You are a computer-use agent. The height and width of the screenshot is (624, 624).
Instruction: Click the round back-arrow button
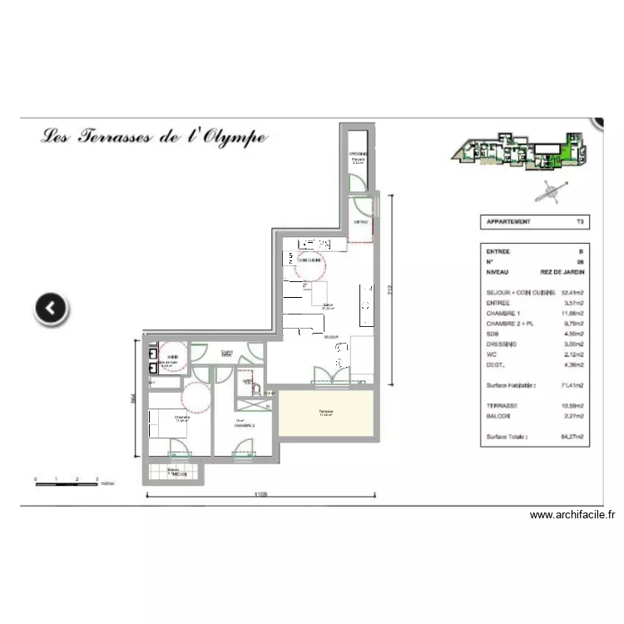(x=52, y=308)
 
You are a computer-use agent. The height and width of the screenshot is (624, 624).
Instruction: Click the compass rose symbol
(x=549, y=191)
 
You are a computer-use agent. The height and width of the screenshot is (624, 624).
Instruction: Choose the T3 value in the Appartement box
(x=580, y=222)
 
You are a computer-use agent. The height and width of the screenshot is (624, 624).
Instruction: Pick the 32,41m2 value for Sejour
(x=571, y=293)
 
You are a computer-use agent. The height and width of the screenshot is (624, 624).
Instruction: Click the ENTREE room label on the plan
(x=361, y=222)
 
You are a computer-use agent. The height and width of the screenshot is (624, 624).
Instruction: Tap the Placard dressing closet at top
(x=359, y=160)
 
